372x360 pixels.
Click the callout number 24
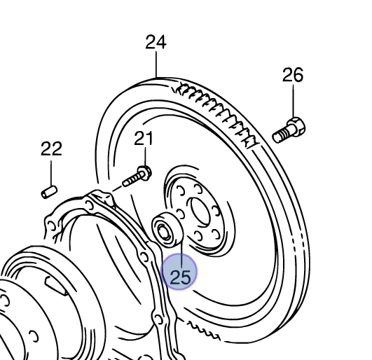(x=156, y=42)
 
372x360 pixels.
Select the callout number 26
(x=293, y=75)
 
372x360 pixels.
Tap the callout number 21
(x=144, y=138)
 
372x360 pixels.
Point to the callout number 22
(x=51, y=148)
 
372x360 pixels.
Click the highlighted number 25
(x=180, y=277)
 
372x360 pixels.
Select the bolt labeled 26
(x=289, y=130)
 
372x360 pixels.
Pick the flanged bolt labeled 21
(x=137, y=176)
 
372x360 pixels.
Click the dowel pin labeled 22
(x=49, y=192)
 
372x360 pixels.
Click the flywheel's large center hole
(x=200, y=212)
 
